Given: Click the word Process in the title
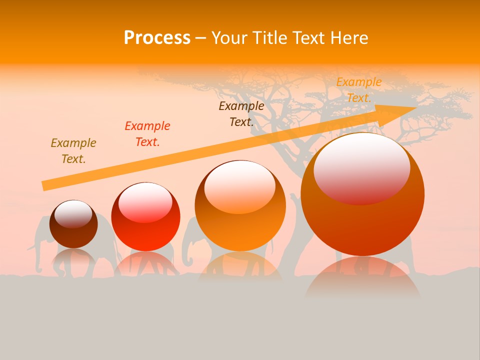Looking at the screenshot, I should coord(157,38).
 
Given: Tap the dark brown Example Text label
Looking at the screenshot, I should coord(241,114).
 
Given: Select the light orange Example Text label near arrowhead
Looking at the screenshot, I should coord(358,90).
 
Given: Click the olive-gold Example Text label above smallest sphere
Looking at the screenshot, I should coord(73,151).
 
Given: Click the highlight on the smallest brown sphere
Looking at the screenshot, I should coord(73,214).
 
